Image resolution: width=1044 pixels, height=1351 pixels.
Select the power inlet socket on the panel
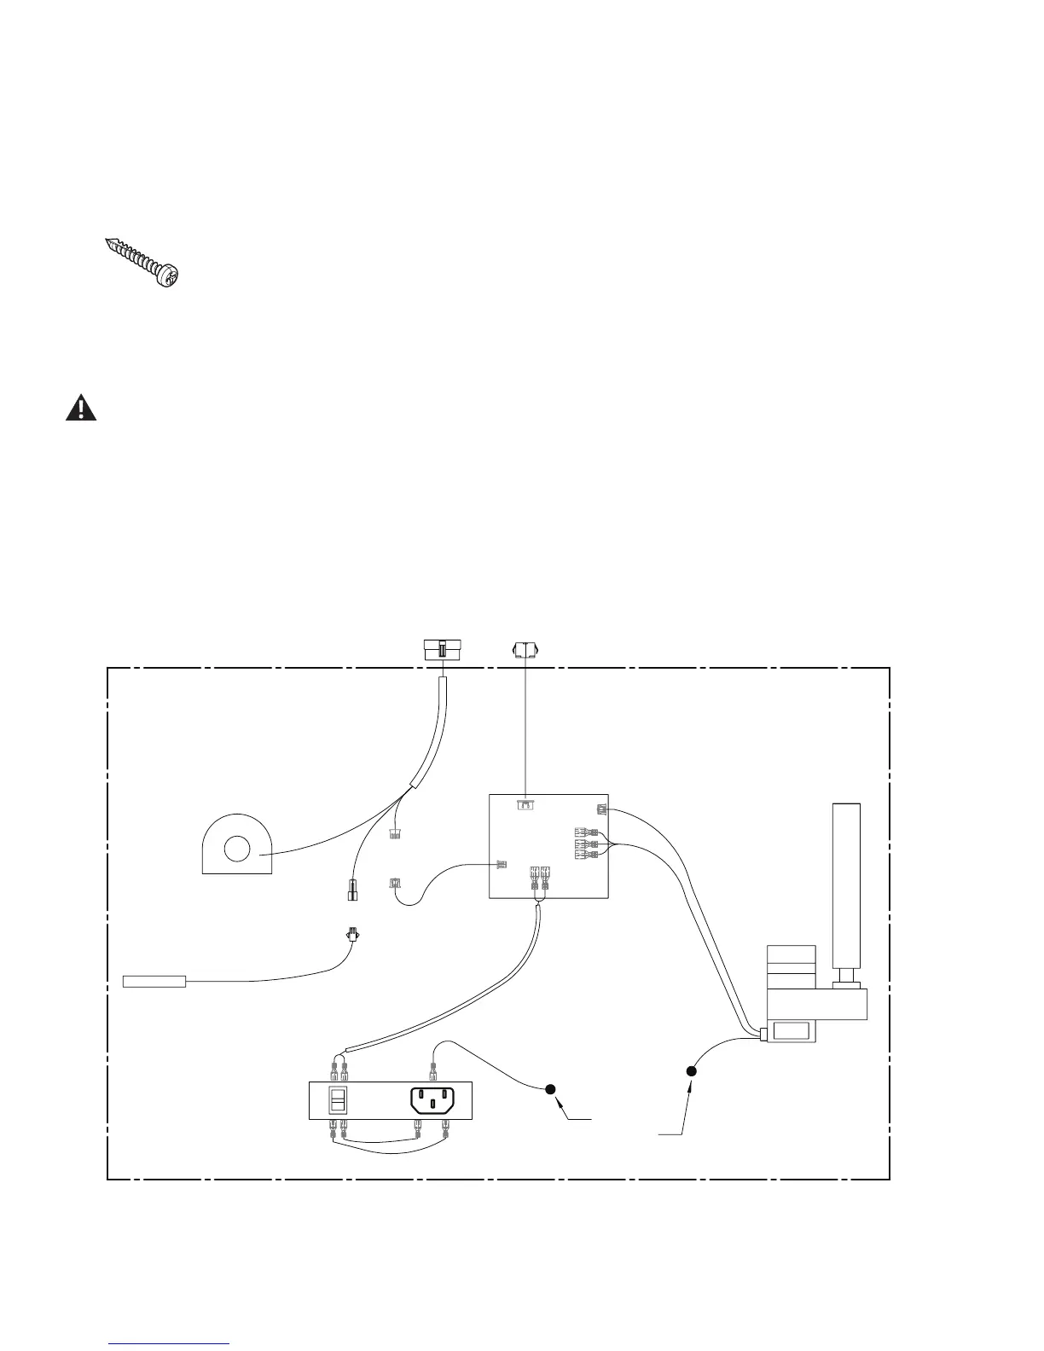[433, 1099]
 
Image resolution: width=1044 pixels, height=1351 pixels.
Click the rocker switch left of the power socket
[338, 1100]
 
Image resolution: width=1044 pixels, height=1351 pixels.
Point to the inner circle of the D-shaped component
[236, 849]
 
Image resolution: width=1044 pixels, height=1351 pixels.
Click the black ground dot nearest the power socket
[550, 1088]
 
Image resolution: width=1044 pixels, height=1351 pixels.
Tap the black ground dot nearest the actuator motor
[692, 1071]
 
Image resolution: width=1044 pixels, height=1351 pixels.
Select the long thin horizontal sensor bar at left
[155, 981]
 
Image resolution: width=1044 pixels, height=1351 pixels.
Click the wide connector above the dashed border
[443, 651]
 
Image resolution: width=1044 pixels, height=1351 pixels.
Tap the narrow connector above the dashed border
[525, 650]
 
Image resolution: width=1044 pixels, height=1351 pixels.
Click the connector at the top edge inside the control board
[526, 804]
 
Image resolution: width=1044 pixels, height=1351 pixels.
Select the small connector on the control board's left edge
[501, 865]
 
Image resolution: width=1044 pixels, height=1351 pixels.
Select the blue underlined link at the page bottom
[169, 1343]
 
